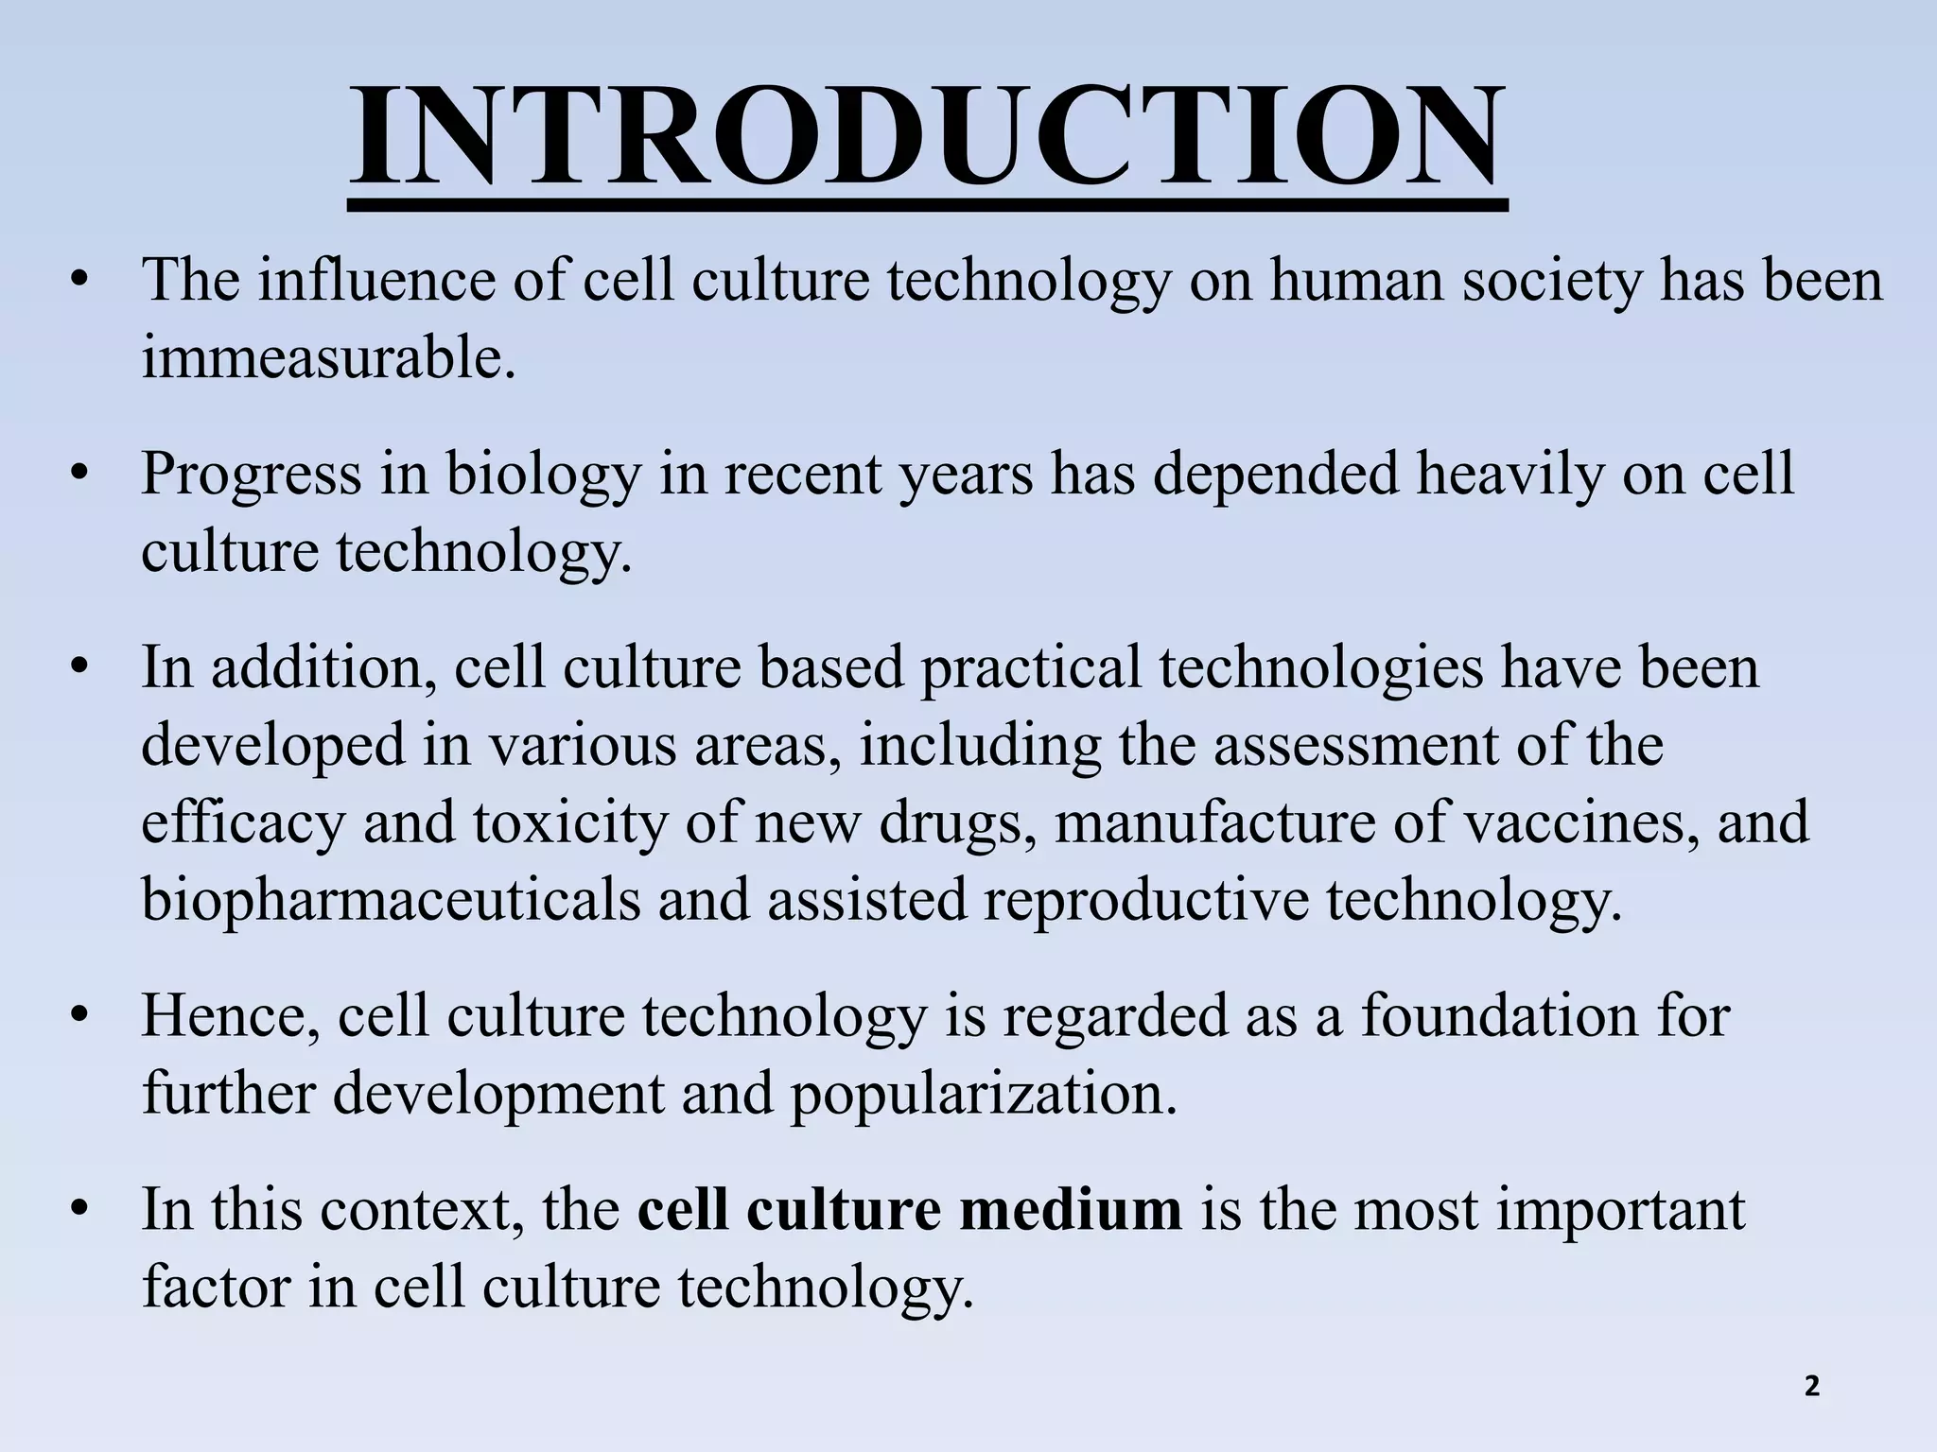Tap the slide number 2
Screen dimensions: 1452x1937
(x=1811, y=1387)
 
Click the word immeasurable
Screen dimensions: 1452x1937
(x=328, y=358)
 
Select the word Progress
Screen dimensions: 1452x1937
(x=252, y=474)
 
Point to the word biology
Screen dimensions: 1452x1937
(x=544, y=474)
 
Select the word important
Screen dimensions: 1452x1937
(x=1620, y=1209)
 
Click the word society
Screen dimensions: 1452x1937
(x=1551, y=281)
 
